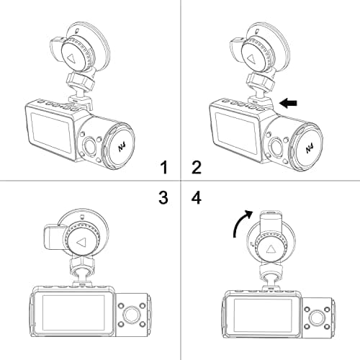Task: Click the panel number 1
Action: coord(164,168)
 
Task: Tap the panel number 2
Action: coord(196,168)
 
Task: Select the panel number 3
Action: coord(164,197)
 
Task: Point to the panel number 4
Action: coord(196,197)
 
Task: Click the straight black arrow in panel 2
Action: coord(288,104)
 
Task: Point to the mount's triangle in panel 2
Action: coord(253,55)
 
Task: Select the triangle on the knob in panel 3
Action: coord(81,243)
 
